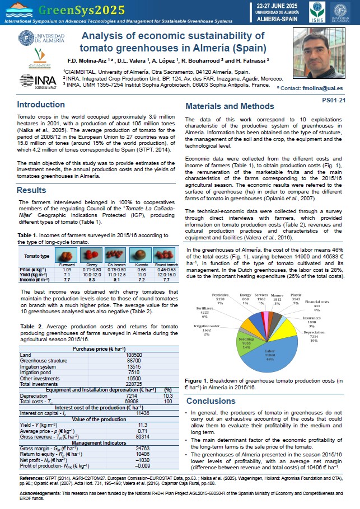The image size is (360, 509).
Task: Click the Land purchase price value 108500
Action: (x=134, y=355)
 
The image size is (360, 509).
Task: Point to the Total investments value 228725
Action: (x=134, y=384)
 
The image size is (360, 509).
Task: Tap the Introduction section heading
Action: (x=40, y=105)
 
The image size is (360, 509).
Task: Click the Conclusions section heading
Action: (x=211, y=400)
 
